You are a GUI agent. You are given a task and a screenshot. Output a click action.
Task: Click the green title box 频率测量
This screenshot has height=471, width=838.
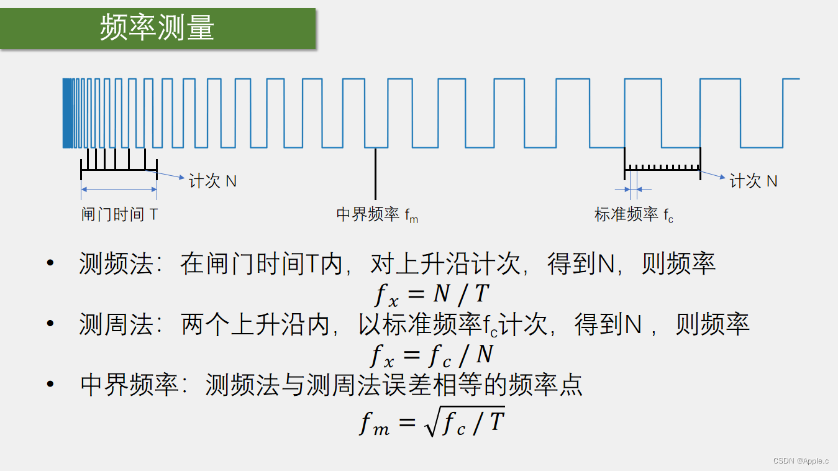click(158, 29)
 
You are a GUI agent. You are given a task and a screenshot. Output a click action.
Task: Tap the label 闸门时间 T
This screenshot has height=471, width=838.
click(119, 215)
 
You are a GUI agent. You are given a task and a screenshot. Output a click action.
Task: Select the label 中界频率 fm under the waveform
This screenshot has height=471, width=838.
click(377, 215)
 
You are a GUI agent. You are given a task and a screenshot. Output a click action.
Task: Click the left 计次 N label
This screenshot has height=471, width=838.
click(212, 181)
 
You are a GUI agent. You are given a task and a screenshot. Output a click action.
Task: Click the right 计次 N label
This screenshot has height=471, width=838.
click(754, 181)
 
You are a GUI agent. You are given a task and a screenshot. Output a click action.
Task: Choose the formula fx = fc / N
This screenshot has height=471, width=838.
click(432, 355)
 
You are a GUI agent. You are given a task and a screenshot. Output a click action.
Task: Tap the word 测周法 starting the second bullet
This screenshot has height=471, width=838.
click(116, 325)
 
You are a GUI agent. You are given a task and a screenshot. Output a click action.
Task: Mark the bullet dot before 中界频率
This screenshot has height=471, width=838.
click(51, 385)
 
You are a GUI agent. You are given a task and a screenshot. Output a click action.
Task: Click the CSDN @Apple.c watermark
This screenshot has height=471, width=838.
click(801, 460)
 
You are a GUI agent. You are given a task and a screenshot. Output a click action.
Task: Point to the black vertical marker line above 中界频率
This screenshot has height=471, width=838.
click(375, 174)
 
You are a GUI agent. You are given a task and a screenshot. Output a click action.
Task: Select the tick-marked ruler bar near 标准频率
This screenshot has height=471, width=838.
click(662, 167)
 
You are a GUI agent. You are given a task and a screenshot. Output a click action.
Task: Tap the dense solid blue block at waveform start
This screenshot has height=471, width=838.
click(67, 113)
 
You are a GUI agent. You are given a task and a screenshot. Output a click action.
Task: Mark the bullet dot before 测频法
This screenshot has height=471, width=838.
click(51, 264)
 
